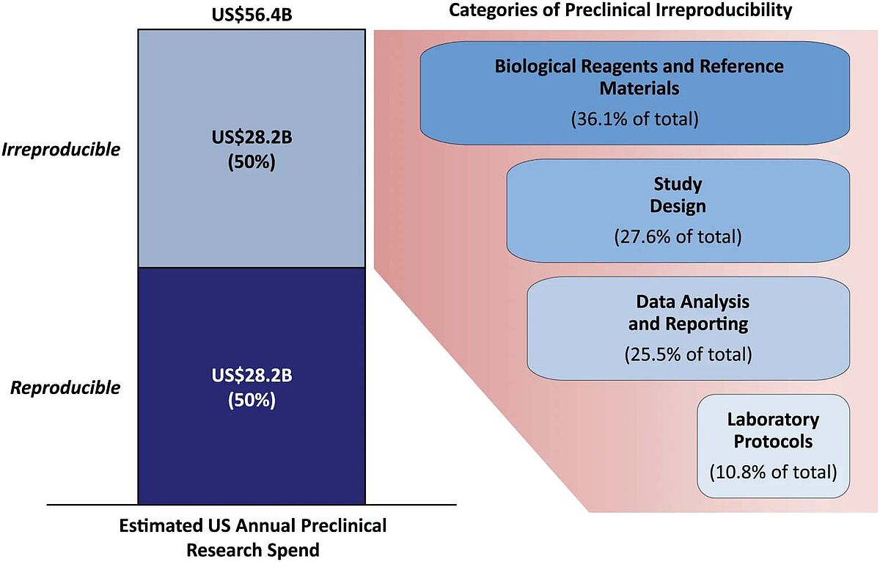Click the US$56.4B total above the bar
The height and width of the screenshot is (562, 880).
pyautogui.click(x=251, y=14)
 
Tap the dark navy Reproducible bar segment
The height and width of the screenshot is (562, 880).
pyautogui.click(x=251, y=455)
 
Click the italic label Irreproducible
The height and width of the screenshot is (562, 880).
pyautogui.click(x=61, y=150)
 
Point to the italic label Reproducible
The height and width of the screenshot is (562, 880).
pyautogui.click(x=65, y=388)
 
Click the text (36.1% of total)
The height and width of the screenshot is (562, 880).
pyautogui.click(x=634, y=118)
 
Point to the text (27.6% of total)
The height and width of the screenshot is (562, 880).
pyautogui.click(x=678, y=237)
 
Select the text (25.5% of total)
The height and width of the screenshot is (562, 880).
pyautogui.click(x=688, y=354)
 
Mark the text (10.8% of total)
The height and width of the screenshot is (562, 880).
pyautogui.click(x=773, y=471)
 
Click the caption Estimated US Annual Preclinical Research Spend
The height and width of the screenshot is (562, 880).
pyautogui.click(x=252, y=538)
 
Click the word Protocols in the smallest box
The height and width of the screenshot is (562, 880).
pyautogui.click(x=773, y=442)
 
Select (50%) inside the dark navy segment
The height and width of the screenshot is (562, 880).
pyautogui.click(x=252, y=401)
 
